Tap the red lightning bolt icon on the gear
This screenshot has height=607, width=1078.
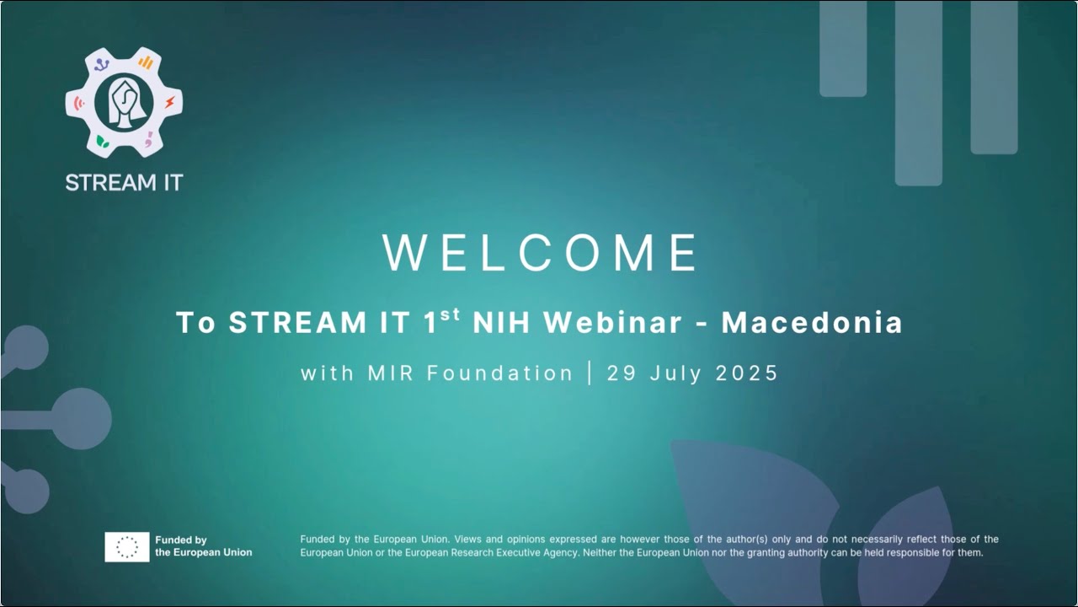point(169,103)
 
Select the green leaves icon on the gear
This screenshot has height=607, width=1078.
point(102,141)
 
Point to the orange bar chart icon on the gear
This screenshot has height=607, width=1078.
point(146,62)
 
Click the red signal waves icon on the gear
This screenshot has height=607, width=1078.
point(79,103)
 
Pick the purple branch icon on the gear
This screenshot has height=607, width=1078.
point(102,64)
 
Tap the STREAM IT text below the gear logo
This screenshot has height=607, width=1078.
point(124,182)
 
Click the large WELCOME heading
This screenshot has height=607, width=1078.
point(540,252)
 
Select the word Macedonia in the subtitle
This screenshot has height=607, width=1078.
point(812,323)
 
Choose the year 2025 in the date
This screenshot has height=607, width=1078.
point(747,373)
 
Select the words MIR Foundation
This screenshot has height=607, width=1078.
point(470,373)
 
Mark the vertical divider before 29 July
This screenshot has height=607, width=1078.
point(590,373)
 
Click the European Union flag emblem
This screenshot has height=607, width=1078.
point(127,547)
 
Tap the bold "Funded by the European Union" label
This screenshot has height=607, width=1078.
point(203,546)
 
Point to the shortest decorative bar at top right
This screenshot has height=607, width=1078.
point(843,48)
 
